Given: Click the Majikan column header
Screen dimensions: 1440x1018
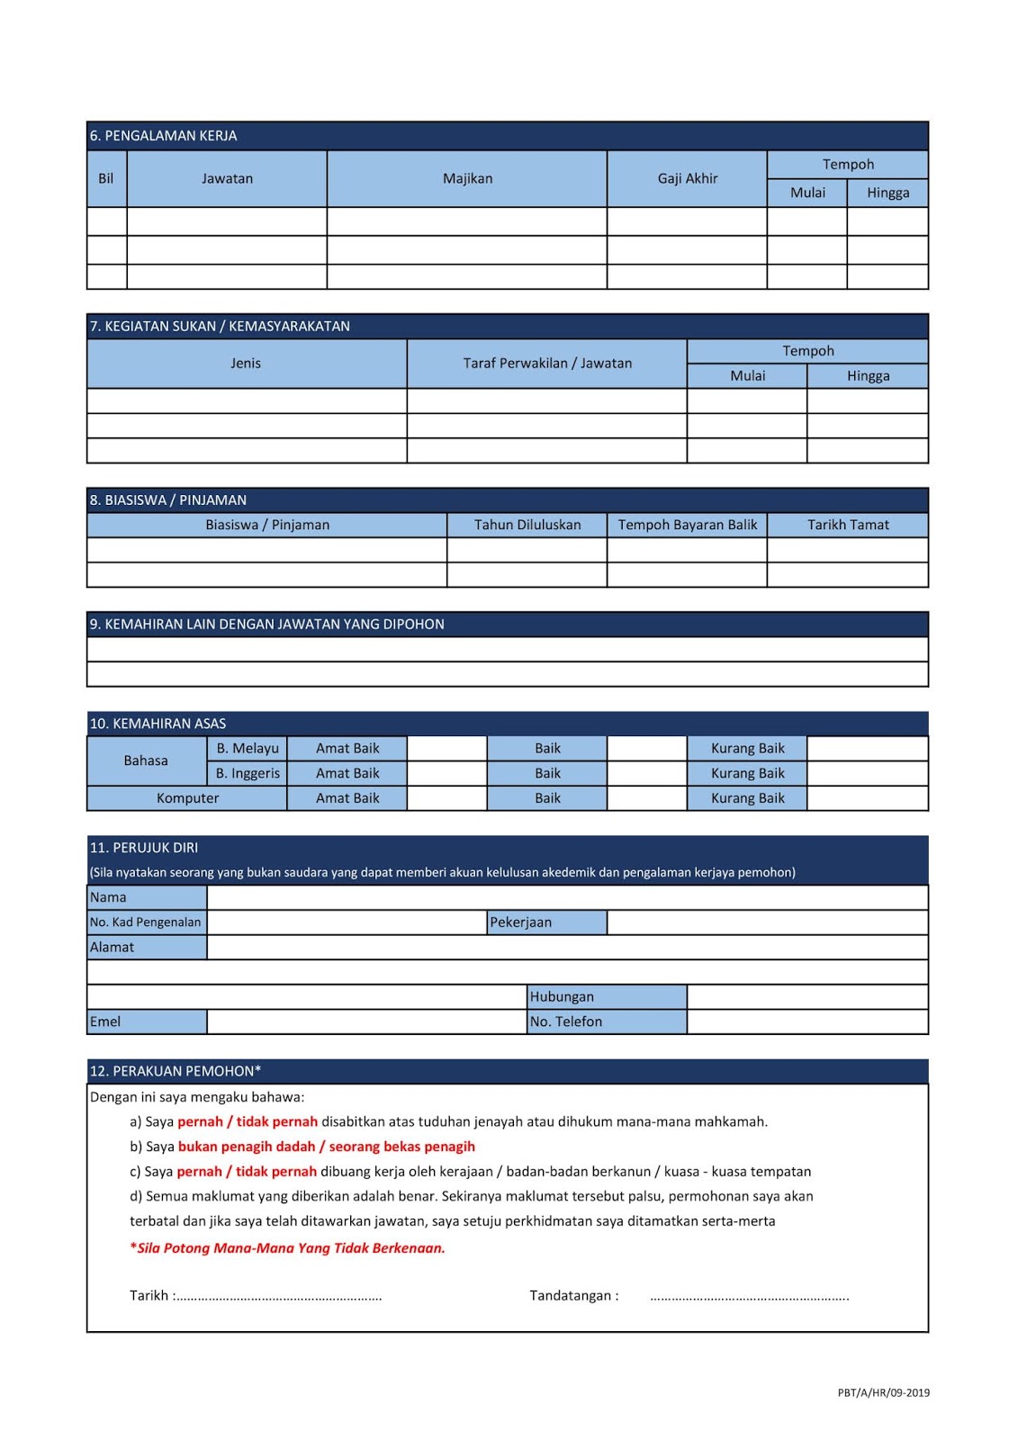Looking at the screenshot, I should click(x=467, y=178).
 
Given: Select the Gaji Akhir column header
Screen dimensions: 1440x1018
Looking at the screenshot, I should click(x=688, y=178).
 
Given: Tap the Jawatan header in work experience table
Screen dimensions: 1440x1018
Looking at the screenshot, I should click(x=227, y=178).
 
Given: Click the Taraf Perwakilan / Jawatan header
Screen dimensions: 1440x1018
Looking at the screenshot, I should click(x=547, y=364).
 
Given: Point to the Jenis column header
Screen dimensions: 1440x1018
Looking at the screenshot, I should click(x=246, y=364).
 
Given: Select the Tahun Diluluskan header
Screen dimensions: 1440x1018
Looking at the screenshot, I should click(x=527, y=525).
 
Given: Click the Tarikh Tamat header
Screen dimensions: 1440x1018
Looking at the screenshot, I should click(x=848, y=525).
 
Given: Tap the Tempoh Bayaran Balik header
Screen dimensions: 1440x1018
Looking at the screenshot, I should click(x=688, y=525).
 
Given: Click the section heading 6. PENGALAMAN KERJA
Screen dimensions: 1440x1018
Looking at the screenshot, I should click(x=164, y=136).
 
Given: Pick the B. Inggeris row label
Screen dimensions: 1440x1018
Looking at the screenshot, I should click(x=248, y=773).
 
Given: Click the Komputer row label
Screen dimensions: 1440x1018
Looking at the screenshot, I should click(x=187, y=798).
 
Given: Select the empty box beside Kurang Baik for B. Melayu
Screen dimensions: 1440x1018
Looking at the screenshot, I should click(x=867, y=748).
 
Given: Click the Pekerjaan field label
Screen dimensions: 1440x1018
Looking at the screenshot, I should click(x=521, y=922).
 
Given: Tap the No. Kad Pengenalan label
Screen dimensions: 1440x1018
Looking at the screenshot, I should click(x=146, y=922).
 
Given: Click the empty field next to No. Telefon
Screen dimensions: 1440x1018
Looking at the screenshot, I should click(x=807, y=1021).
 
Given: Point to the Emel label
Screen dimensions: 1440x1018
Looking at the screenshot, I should click(x=105, y=1021).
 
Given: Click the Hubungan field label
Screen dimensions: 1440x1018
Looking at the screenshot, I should click(x=562, y=997).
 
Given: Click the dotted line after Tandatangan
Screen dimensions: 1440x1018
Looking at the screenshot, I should click(x=749, y=1297).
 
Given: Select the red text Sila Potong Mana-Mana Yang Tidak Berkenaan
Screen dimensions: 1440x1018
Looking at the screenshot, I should click(x=288, y=1248).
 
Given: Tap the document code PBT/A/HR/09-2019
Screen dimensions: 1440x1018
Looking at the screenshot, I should click(x=883, y=1393).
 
